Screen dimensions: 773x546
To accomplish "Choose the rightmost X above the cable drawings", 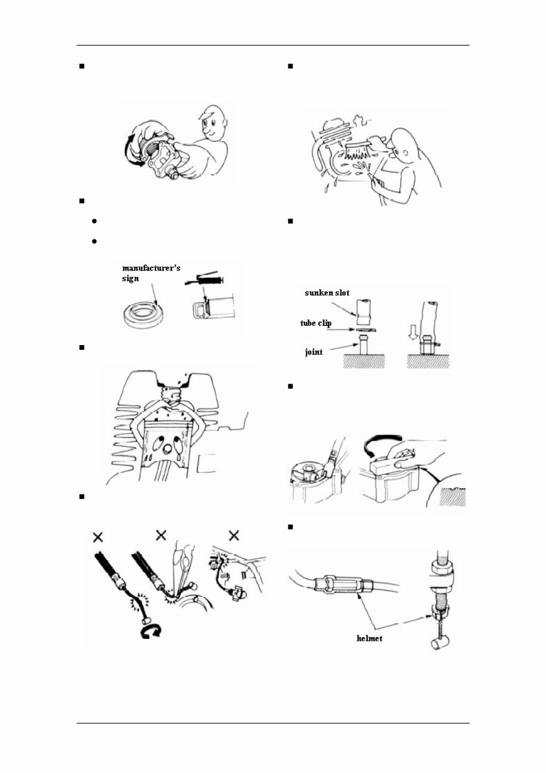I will (x=234, y=534).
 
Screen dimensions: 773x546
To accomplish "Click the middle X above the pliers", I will (x=161, y=534).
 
